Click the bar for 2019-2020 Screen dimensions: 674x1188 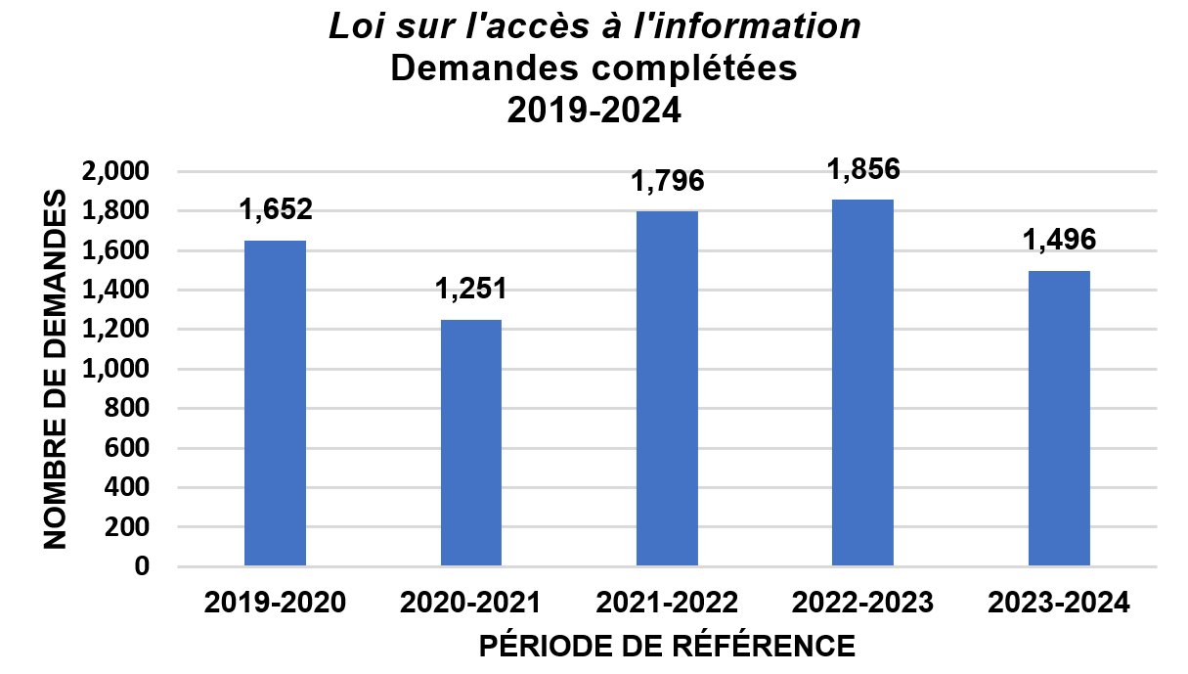tap(275, 403)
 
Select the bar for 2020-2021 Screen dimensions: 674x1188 tap(470, 442)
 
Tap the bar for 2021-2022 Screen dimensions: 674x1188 tap(667, 388)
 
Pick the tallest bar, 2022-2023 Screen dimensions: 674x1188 tap(862, 382)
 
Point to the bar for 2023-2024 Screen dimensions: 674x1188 tap(1059, 418)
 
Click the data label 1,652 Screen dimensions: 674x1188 tap(275, 208)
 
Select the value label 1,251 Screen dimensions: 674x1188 tap(470, 289)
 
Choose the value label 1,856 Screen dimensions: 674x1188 tap(862, 168)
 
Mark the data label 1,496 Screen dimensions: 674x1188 tap(1059, 239)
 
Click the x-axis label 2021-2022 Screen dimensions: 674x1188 tap(667, 602)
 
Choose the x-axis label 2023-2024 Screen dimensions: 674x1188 tap(1059, 602)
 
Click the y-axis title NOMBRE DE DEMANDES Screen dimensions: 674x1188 tap(56, 368)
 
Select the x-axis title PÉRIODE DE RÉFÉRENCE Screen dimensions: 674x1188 tap(668, 647)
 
